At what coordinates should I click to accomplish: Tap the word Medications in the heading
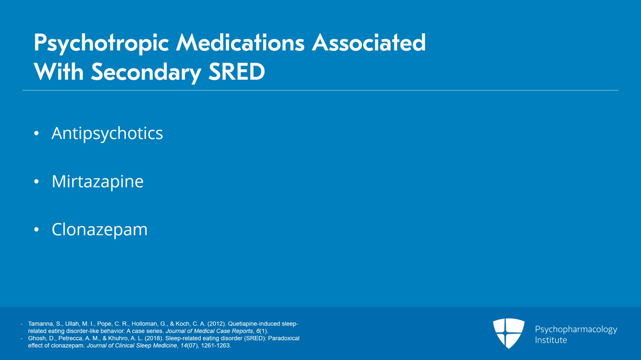point(240,42)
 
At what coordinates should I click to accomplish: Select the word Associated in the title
point(369,42)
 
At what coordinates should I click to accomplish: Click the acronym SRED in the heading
point(237,72)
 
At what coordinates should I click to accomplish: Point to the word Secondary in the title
point(146,72)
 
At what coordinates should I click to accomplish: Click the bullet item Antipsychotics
point(107,133)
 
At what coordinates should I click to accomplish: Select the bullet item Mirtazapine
point(98,181)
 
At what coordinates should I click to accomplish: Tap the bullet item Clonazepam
point(100,229)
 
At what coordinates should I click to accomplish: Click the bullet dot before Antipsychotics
point(36,133)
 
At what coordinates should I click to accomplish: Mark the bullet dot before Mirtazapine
point(36,181)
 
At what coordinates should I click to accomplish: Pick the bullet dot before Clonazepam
point(36,229)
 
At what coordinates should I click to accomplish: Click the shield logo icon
point(509,334)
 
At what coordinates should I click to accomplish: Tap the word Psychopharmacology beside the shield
point(576,330)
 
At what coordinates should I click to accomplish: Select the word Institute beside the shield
point(551,340)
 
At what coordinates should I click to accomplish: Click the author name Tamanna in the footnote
point(40,324)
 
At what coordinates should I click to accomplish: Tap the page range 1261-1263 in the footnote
point(216,346)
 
